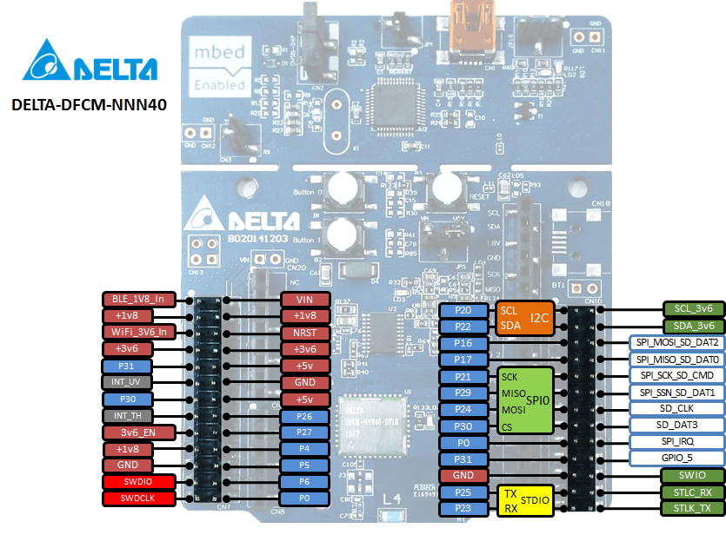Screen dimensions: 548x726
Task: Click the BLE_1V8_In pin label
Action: pos(138,300)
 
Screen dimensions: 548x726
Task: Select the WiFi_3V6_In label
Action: pos(138,332)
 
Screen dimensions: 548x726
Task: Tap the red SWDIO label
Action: pos(138,482)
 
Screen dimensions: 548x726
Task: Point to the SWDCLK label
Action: pos(138,498)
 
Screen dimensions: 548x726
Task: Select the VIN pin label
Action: pos(304,300)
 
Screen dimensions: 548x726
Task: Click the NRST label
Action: pos(304,333)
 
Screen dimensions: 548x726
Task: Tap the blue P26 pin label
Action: pos(304,416)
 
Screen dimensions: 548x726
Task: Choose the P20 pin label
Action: pos(463,310)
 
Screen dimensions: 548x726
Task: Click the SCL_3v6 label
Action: pos(692,309)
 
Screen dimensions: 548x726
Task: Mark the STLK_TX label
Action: pos(692,508)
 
